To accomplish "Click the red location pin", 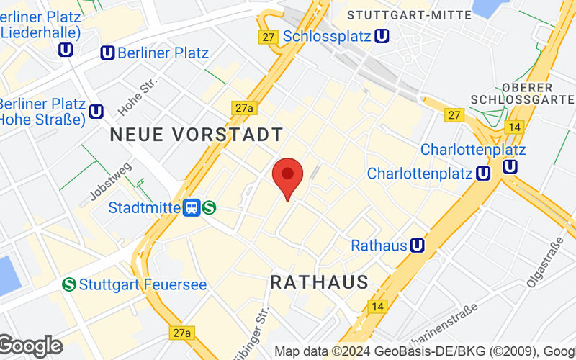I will [x=288, y=177].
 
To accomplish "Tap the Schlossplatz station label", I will [x=326, y=35].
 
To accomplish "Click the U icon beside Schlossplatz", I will [x=383, y=35].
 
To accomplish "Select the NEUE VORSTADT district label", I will [x=196, y=135].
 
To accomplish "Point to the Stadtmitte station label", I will [x=144, y=207].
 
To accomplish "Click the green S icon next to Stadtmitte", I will [x=210, y=207].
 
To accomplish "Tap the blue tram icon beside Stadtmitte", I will [x=192, y=207].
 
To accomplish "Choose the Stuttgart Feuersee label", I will [x=143, y=284].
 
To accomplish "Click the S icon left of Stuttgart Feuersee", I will [x=70, y=284].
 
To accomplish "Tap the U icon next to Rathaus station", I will [x=416, y=246].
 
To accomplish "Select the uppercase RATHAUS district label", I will [x=319, y=282].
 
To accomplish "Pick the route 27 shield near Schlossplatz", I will [x=269, y=37].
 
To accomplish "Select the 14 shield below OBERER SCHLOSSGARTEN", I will [x=513, y=127].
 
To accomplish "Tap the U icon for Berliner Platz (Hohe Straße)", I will [x=96, y=111].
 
